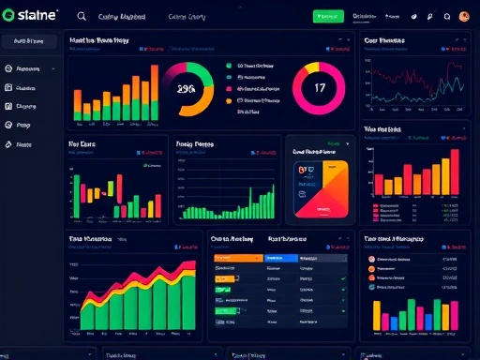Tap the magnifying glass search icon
[x=82, y=16]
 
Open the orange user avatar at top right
[x=464, y=16]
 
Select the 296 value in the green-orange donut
[x=186, y=89]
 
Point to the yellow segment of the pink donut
[x=310, y=67]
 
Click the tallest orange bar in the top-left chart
[x=132, y=88]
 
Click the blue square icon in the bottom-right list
[x=370, y=288]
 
